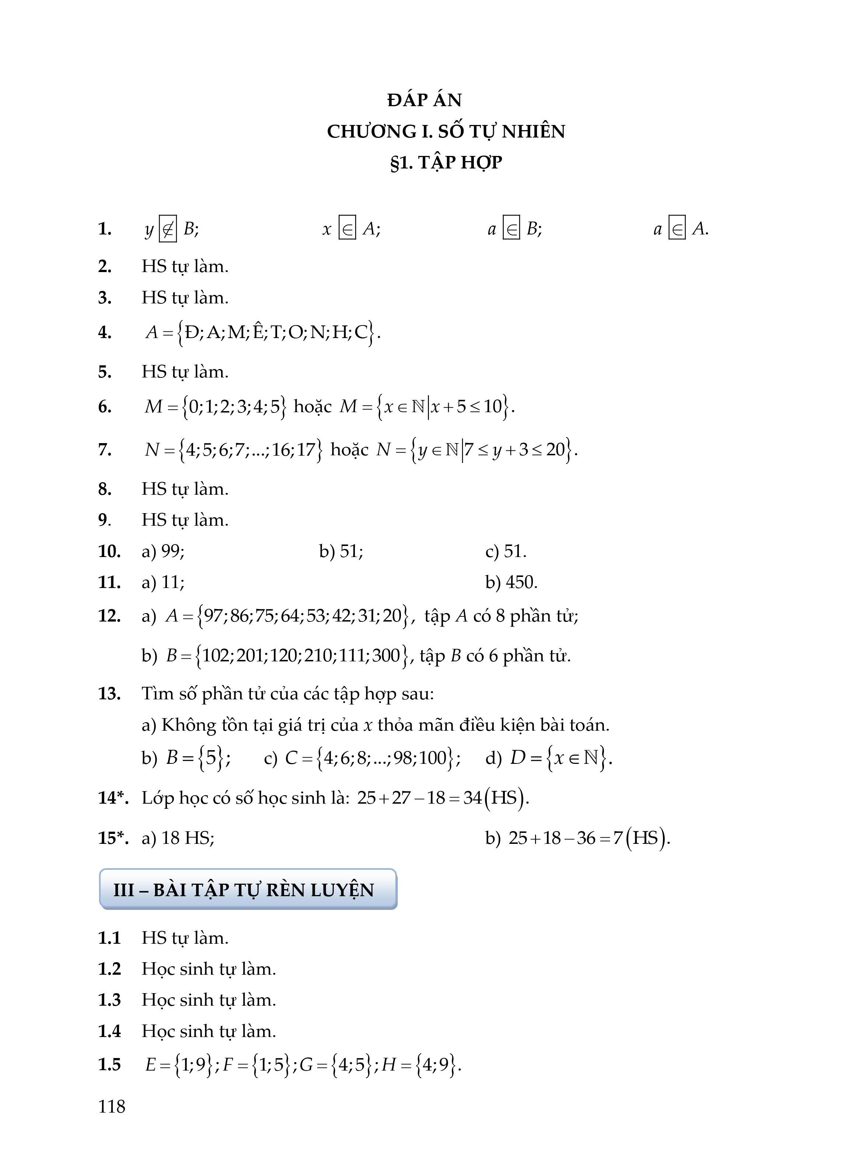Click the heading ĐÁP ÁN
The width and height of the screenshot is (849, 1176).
[x=424, y=100]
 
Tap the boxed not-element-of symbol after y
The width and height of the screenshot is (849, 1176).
[x=167, y=229]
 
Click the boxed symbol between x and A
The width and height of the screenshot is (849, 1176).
[x=347, y=229]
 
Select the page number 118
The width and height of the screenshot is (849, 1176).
[x=111, y=1107]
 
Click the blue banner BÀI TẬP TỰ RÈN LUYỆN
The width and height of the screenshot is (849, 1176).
[x=248, y=890]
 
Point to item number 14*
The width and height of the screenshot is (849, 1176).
[x=113, y=797]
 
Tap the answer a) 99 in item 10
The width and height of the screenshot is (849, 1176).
[x=163, y=551]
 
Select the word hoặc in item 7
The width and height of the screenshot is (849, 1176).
[x=349, y=449]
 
